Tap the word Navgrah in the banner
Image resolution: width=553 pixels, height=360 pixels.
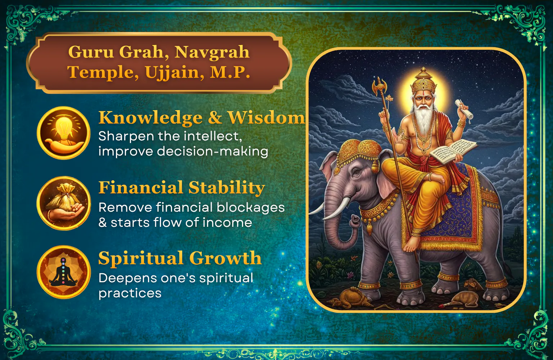coord(212,52)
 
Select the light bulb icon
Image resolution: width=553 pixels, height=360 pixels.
coord(64,133)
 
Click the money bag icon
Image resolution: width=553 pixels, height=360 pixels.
coord(64,203)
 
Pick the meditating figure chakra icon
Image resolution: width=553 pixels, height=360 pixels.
coord(64,272)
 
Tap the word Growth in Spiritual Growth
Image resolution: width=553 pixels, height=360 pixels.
coord(225,258)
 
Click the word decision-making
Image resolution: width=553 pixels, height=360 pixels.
coord(212,151)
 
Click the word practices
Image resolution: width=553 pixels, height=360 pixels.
coord(130,294)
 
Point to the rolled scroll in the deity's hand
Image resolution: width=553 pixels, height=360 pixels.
coord(464,109)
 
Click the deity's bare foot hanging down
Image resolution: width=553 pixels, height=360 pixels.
coord(411,243)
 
